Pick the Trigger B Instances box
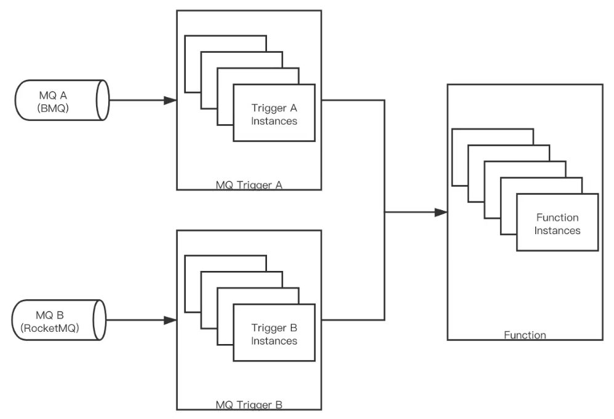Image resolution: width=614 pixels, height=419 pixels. (274, 332)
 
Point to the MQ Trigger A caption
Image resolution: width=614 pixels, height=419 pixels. (249, 184)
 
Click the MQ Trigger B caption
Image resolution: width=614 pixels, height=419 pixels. (249, 405)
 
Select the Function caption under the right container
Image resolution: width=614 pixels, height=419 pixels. (524, 335)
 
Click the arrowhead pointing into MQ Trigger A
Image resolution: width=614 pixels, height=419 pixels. (170, 100)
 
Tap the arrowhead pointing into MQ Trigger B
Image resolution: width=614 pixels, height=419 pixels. (170, 320)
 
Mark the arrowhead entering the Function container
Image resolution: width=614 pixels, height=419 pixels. (440, 213)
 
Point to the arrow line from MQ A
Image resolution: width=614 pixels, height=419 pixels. (138, 100)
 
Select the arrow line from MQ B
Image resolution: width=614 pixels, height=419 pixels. (138, 320)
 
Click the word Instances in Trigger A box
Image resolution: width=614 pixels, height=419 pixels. (274, 121)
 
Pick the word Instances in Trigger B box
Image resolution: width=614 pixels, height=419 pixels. (274, 340)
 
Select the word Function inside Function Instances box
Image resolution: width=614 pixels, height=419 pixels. (557, 217)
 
